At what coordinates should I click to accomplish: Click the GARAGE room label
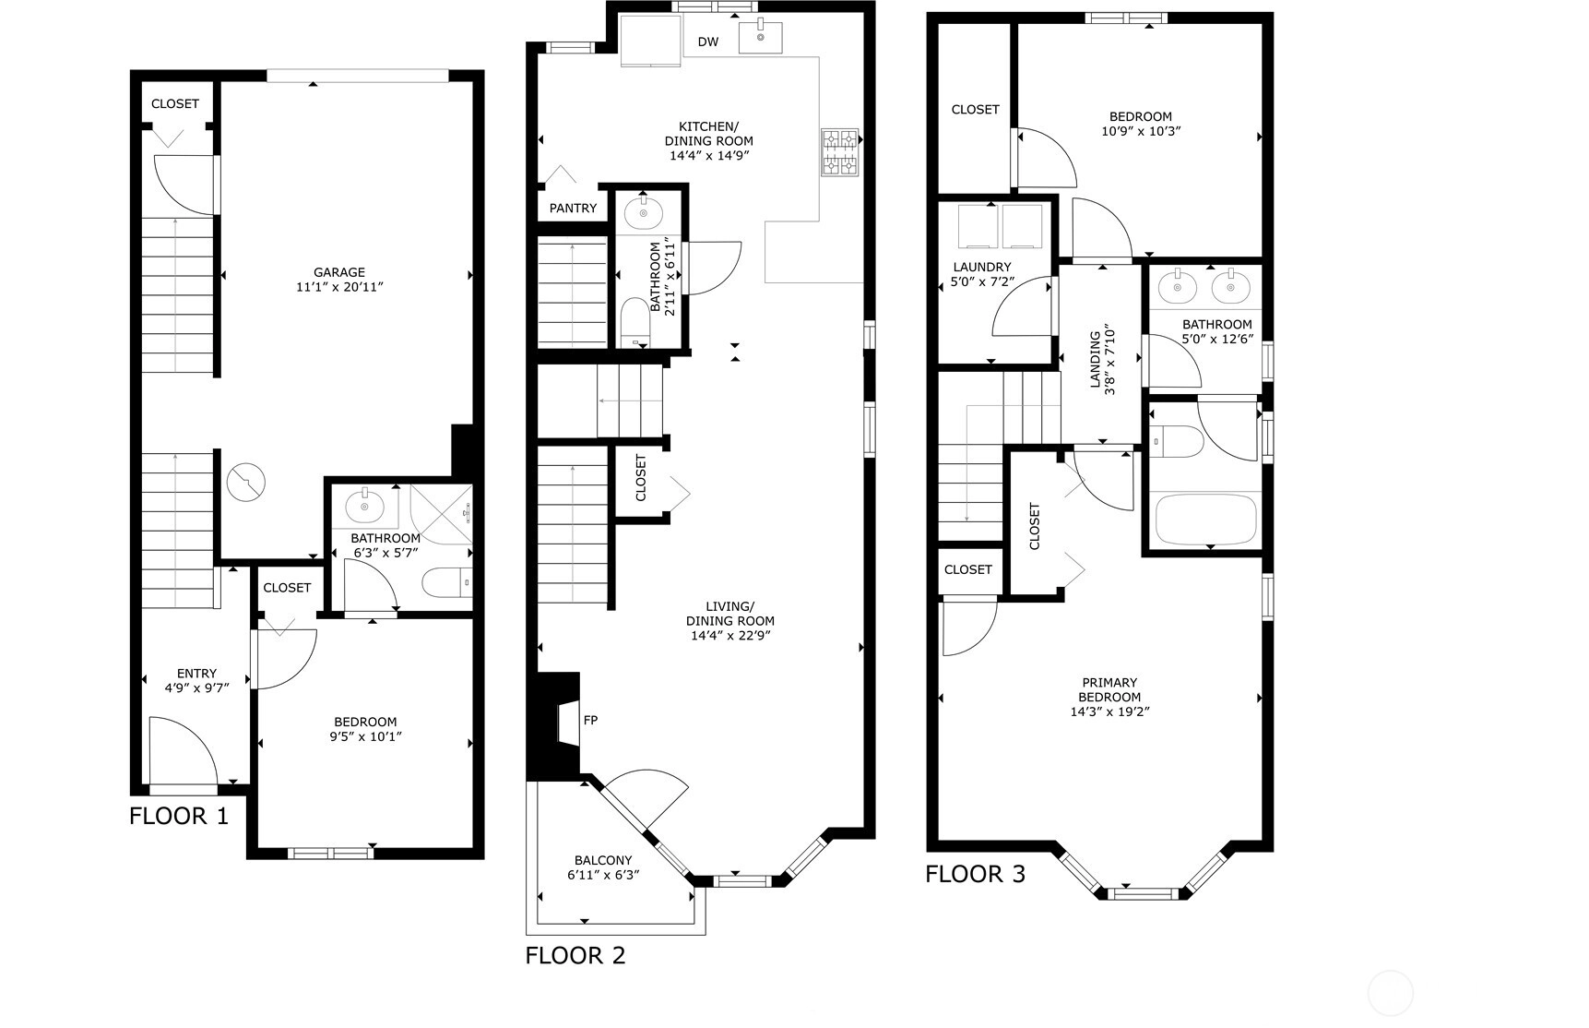[339, 272]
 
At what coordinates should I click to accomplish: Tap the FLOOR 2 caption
[575, 955]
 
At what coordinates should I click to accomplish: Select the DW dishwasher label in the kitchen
[708, 42]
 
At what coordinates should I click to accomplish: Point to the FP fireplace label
[591, 719]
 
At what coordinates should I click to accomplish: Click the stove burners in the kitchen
[839, 152]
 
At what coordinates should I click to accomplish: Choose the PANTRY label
[573, 209]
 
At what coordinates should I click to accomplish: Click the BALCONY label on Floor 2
[603, 860]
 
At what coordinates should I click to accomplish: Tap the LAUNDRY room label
[982, 268]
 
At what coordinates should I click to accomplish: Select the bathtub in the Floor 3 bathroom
[1205, 520]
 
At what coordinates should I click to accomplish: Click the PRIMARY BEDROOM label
[1109, 690]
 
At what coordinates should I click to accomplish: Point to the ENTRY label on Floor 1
[196, 674]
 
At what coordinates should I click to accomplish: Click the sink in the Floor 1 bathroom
[365, 506]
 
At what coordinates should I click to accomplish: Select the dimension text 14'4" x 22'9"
[729, 636]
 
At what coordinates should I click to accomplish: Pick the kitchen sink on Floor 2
[760, 37]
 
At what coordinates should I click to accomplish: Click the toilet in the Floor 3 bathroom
[1178, 442]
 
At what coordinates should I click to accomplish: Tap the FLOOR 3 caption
[976, 874]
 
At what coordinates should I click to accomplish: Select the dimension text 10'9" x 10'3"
[1141, 131]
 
